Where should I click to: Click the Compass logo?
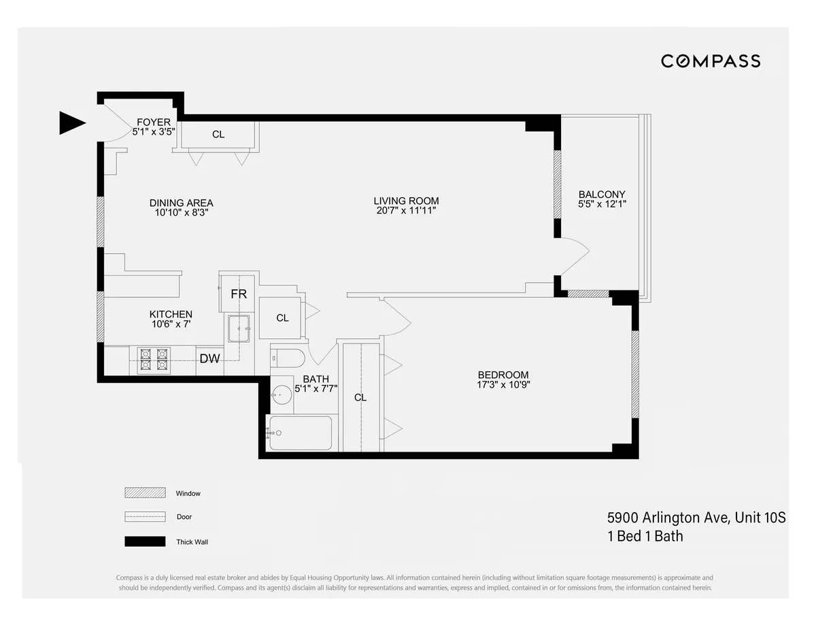click(x=711, y=61)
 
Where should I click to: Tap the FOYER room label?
click(x=153, y=122)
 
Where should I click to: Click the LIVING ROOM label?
click(x=406, y=201)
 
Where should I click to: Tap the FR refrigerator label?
click(x=238, y=295)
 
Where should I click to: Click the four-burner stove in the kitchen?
click(x=153, y=359)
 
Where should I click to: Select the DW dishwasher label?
click(x=209, y=358)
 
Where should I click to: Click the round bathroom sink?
click(x=282, y=395)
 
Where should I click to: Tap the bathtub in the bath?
click(x=299, y=433)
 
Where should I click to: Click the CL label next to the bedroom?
click(x=360, y=397)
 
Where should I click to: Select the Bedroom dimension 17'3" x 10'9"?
click(x=503, y=384)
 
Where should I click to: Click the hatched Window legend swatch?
click(x=145, y=493)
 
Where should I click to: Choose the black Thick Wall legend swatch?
click(x=145, y=541)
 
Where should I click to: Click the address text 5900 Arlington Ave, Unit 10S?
click(x=696, y=518)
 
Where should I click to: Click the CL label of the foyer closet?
click(x=218, y=134)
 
